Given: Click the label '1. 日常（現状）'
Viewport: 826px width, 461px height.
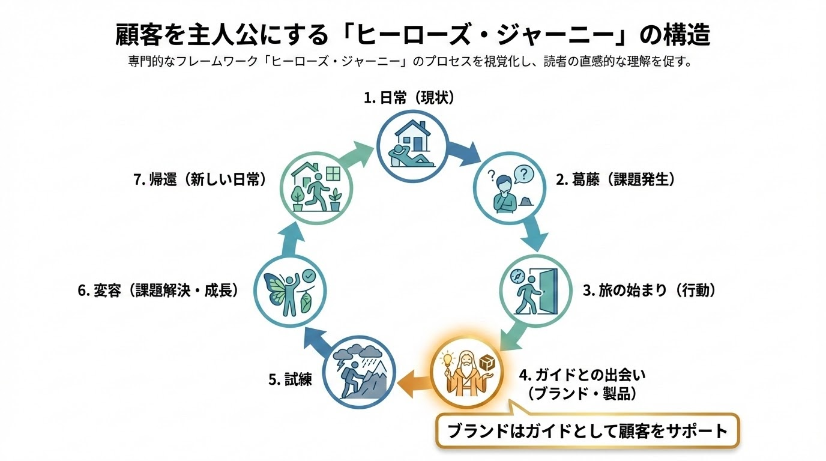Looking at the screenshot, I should (409, 97).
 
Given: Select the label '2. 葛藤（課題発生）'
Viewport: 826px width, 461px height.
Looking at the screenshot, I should (615, 179).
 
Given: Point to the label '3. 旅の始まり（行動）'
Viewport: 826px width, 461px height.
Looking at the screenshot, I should (650, 290).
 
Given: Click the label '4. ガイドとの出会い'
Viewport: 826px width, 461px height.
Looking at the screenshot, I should (577, 376).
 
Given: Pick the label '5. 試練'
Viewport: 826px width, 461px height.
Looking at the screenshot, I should (290, 379).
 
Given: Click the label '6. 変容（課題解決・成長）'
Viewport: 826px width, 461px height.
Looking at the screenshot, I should (158, 291).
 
